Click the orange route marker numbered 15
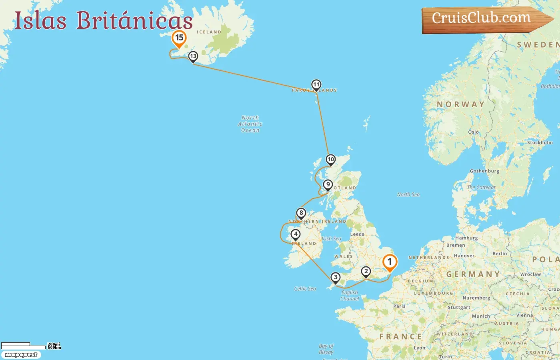point(179,38)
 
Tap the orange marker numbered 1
point(390,262)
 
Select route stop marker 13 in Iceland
point(193,56)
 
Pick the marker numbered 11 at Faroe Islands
point(316,85)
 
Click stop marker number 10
point(330,160)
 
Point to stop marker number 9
point(328,185)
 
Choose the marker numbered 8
point(301,213)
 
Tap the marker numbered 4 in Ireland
point(296,234)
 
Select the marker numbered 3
point(335,277)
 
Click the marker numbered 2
point(366,272)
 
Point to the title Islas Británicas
point(104,20)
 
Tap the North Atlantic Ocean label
point(250,124)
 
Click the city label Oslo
point(473,132)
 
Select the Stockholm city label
point(540,142)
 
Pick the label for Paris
point(399,306)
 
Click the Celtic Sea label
point(305,289)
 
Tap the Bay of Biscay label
point(326,349)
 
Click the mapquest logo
point(21,355)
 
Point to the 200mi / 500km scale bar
point(30,346)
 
